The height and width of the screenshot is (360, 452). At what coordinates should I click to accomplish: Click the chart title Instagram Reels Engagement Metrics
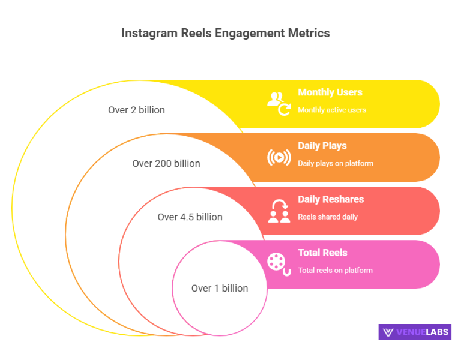pyautogui.click(x=226, y=33)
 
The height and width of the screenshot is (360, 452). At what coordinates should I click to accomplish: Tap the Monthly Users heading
pyautogui.click(x=330, y=92)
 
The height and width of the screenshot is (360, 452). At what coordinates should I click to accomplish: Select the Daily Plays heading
pyautogui.click(x=322, y=146)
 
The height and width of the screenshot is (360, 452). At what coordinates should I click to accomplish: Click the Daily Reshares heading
pyautogui.click(x=331, y=199)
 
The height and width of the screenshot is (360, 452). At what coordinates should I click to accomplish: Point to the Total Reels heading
pyautogui.click(x=322, y=253)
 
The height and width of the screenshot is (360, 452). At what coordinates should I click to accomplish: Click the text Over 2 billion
pyautogui.click(x=136, y=110)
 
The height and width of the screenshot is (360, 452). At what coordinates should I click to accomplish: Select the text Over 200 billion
pyautogui.click(x=166, y=163)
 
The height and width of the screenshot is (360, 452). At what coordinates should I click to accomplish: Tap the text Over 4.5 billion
pyautogui.click(x=190, y=217)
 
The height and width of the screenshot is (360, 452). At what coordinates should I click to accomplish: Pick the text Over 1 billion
pyautogui.click(x=220, y=288)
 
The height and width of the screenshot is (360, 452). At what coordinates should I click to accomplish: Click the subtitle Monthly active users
pyautogui.click(x=332, y=110)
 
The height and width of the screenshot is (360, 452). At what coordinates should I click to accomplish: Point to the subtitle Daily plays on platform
pyautogui.click(x=336, y=163)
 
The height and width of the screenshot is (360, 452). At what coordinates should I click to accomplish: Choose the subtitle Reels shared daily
pyautogui.click(x=328, y=217)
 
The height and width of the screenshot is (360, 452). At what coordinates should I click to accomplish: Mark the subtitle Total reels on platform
pyautogui.click(x=335, y=270)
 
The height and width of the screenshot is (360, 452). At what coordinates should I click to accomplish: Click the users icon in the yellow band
pyautogui.click(x=279, y=103)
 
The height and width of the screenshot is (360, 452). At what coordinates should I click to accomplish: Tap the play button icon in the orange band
pyautogui.click(x=279, y=157)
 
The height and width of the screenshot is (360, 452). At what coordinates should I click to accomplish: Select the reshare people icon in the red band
pyautogui.click(x=279, y=211)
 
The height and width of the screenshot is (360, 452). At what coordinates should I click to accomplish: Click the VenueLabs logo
pyautogui.click(x=414, y=332)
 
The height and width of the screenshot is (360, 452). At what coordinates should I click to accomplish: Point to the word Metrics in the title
pyautogui.click(x=308, y=33)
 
